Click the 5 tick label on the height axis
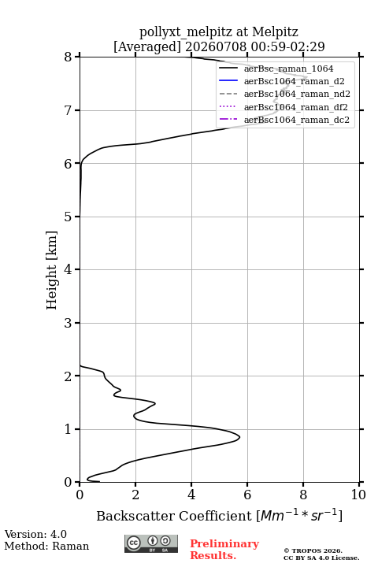tap(69, 217)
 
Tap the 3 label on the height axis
tap(69, 323)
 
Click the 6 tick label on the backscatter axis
tap(247, 495)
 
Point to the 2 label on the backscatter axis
tap(135, 495)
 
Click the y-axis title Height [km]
tap(51, 270)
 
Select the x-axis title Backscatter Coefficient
tap(174, 516)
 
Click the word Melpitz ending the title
tap(275, 31)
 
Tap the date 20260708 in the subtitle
tap(216, 46)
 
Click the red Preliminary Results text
tap(224, 550)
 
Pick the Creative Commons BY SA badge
tap(151, 544)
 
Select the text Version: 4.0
tap(35, 534)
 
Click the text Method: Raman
tap(46, 546)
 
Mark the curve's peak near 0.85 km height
tap(239, 437)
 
